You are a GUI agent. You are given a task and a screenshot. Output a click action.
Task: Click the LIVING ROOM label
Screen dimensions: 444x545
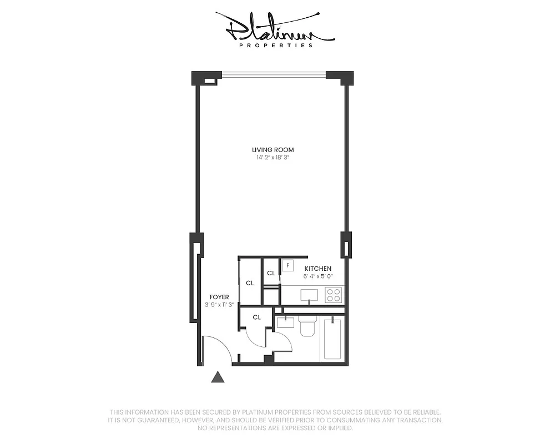272,149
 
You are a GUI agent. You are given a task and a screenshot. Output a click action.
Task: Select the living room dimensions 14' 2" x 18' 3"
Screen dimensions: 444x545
272,158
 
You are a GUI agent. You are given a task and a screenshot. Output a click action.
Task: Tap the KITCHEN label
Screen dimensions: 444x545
317,268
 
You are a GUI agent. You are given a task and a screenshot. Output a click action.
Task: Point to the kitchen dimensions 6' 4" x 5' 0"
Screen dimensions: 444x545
317,276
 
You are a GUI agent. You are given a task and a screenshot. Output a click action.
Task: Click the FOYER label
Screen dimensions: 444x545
219,297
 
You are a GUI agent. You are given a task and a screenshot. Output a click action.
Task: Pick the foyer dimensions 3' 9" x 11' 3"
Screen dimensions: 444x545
219,305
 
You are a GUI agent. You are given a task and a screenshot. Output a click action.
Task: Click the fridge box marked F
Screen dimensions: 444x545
287,265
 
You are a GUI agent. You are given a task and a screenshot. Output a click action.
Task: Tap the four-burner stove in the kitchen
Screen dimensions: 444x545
334,295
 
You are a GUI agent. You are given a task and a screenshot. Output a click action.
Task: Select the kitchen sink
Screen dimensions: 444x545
309,295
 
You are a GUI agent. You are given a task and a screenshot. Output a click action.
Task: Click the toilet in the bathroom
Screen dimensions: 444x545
307,327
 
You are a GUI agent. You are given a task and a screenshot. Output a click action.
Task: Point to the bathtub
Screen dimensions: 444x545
332,339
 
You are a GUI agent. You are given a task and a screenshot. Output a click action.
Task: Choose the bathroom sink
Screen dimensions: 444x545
286,321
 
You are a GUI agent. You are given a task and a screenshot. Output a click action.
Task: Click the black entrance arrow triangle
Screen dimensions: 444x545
218,377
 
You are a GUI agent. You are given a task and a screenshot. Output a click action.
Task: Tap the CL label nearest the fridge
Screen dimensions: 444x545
271,273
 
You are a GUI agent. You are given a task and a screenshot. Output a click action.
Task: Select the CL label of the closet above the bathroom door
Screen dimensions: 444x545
256,317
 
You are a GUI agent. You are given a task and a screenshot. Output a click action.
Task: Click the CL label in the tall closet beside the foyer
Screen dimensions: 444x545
250,283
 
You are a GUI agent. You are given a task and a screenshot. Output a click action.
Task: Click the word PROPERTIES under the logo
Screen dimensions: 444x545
275,46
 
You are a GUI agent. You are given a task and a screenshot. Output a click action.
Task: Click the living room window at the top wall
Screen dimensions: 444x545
274,74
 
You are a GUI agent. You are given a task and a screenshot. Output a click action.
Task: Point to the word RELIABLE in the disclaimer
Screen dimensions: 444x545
424,412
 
